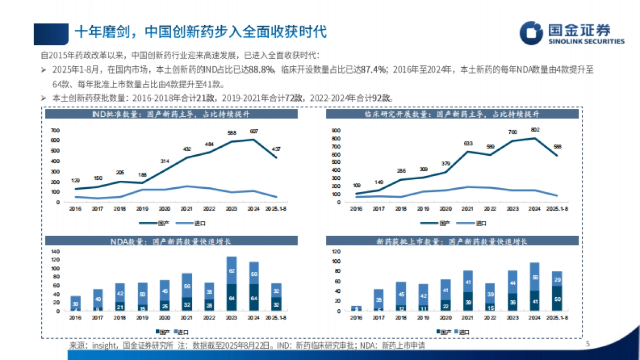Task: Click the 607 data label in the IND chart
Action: point(253,131)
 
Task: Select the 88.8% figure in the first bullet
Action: point(261,70)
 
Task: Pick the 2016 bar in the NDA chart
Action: point(76,303)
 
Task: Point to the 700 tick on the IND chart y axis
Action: point(55,131)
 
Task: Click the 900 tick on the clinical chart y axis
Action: point(335,130)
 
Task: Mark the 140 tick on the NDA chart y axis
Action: point(55,251)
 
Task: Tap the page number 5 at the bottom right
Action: point(588,345)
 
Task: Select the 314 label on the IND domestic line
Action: point(165,161)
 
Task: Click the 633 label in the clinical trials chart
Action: point(468,143)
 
